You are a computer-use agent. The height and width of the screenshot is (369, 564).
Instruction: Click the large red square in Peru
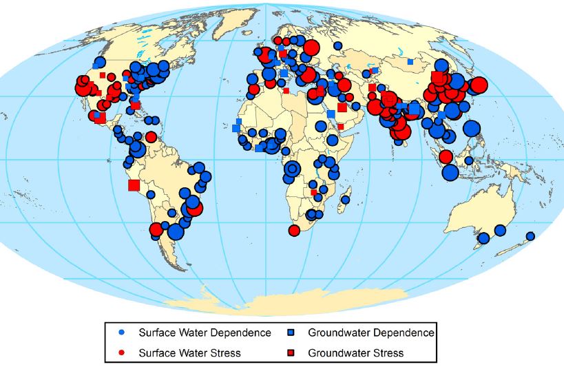tap(134, 184)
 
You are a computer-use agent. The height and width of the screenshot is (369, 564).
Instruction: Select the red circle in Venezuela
tap(151, 136)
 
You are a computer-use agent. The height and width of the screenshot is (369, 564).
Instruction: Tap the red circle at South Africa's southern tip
tap(294, 230)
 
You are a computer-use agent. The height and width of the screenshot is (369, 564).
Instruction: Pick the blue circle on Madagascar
tap(346, 200)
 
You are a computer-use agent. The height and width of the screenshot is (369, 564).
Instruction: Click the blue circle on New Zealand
tap(530, 236)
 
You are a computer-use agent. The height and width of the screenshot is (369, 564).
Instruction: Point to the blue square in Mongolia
tap(410, 61)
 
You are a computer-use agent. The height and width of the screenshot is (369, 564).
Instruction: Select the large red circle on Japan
tap(478, 85)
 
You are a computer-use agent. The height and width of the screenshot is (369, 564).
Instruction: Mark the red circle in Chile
tap(156, 229)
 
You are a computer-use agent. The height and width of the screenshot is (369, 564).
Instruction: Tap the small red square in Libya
tap(286, 90)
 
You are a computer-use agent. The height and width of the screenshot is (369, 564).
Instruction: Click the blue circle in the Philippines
tap(472, 128)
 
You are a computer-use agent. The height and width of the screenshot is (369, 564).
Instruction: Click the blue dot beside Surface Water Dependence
tap(121, 333)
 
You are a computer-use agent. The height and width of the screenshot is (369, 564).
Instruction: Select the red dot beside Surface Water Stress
tap(121, 352)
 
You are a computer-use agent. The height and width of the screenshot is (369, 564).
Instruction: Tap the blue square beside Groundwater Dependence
tap(292, 333)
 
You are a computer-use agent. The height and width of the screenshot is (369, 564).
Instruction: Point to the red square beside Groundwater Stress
tap(292, 352)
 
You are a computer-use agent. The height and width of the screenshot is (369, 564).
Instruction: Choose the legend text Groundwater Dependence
tap(370, 333)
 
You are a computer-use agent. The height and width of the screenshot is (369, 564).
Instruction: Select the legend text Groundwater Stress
tap(355, 352)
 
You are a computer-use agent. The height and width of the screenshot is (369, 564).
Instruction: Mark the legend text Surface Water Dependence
tap(205, 333)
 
